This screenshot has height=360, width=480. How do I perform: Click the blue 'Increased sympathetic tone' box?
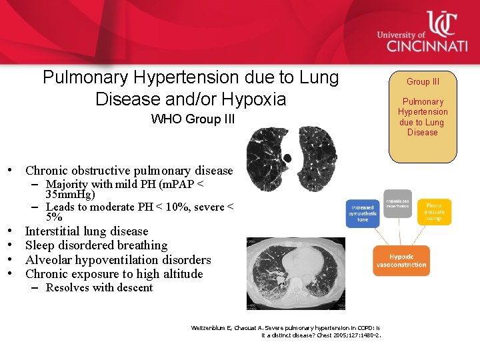pos(363,213)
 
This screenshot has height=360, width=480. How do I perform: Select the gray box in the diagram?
pos(398,204)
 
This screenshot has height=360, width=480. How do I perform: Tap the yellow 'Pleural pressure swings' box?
pos(435,211)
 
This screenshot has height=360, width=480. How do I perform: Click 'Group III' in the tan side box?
pos(423,81)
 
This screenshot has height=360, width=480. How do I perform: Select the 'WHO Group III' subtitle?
pos(193,119)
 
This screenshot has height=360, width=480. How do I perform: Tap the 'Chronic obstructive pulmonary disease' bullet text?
pos(129,171)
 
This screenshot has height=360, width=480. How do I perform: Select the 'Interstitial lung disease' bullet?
pos(87,231)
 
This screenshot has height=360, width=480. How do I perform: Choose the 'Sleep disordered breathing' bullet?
pos(96,245)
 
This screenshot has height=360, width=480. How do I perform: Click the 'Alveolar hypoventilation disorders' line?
pos(118,259)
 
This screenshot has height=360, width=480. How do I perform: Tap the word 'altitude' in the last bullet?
pos(181,273)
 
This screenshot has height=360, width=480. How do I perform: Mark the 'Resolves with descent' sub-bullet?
pos(99,288)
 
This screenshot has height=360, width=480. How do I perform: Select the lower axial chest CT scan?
pos(295,273)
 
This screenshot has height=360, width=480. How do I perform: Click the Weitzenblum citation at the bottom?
pos(286,331)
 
